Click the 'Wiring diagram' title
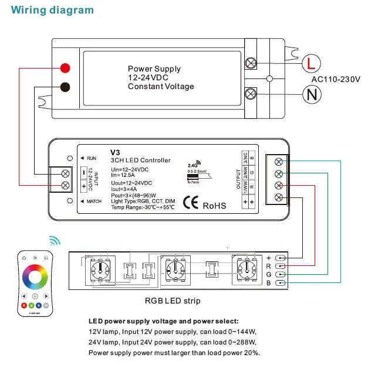(52, 10)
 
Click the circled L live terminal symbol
(310, 63)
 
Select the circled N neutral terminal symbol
(310, 93)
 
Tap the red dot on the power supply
(66, 67)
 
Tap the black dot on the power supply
(66, 87)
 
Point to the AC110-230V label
(336, 79)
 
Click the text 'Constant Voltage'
(161, 87)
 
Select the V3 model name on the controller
(115, 151)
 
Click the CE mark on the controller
(191, 204)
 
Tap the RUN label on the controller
(92, 158)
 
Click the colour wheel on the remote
(36, 275)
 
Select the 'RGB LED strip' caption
(172, 301)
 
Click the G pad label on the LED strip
(269, 274)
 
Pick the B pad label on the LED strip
(269, 283)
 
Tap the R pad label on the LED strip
(269, 266)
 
